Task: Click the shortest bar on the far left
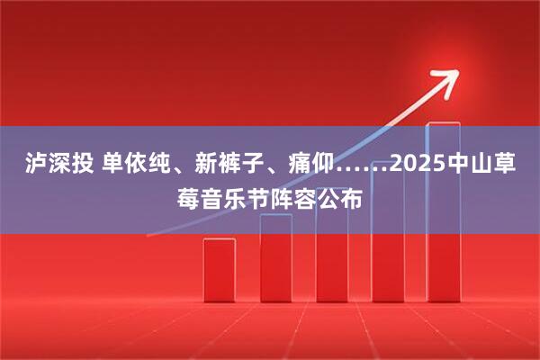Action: point(219,269)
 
